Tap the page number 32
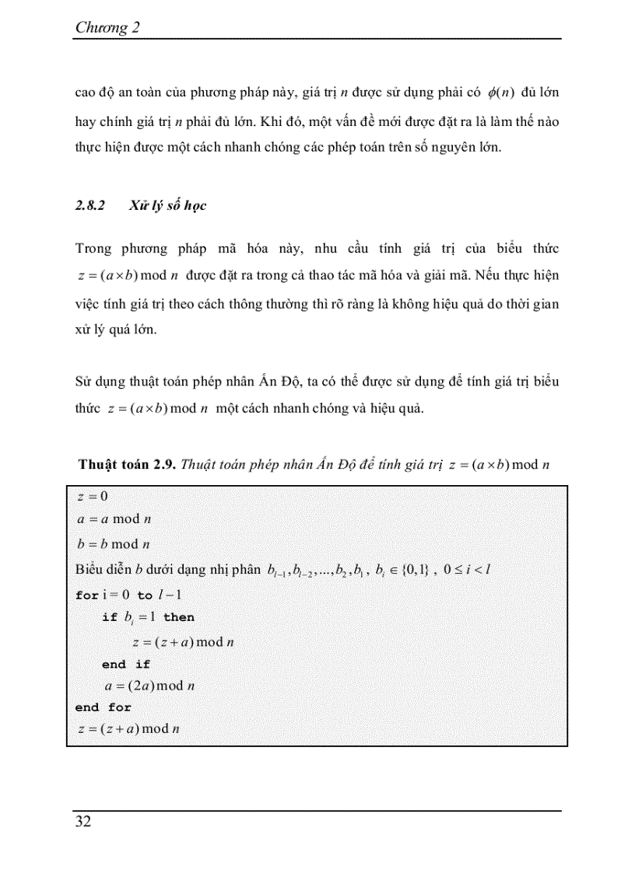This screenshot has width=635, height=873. (x=83, y=822)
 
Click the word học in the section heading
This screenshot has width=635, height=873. (x=193, y=207)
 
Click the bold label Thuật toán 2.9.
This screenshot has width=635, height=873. (x=128, y=465)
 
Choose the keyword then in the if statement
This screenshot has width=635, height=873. (x=179, y=617)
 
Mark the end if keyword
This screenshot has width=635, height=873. (x=126, y=665)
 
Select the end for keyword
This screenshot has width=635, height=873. (x=103, y=707)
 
